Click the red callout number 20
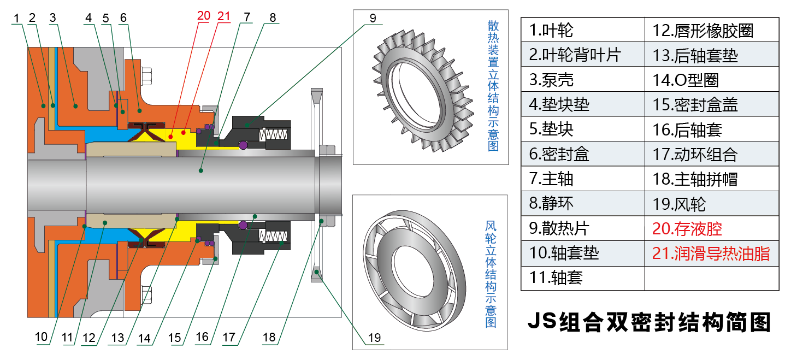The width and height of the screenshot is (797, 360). click(x=203, y=15)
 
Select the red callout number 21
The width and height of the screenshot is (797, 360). click(x=224, y=15)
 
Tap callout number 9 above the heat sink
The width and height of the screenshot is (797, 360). click(x=373, y=17)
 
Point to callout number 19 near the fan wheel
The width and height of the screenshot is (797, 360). click(x=374, y=338)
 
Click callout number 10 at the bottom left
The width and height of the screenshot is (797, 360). click(x=42, y=337)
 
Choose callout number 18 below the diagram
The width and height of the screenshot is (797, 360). click(x=269, y=337)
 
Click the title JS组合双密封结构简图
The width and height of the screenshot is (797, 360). click(x=649, y=322)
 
